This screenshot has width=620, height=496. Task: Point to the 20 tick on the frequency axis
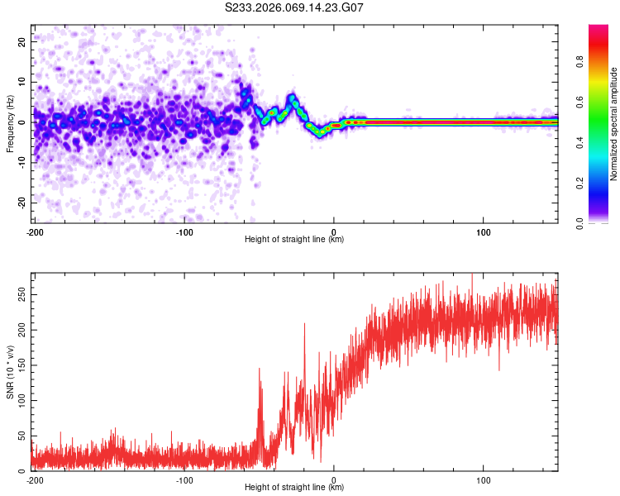(x=23, y=41)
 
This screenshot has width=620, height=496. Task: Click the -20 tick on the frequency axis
(x=21, y=203)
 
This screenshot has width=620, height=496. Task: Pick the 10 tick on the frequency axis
(x=23, y=82)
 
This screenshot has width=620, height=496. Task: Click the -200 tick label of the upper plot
(x=35, y=232)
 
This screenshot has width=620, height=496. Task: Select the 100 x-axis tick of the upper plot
(x=484, y=232)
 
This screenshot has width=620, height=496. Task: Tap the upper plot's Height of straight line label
(x=294, y=240)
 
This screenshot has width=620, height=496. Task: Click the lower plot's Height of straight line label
(x=294, y=488)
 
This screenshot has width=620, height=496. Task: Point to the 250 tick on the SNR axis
(x=20, y=295)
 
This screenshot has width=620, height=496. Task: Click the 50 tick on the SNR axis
(x=22, y=436)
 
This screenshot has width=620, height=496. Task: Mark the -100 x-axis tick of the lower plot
(x=184, y=480)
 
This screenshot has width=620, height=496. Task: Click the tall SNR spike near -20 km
(x=304, y=325)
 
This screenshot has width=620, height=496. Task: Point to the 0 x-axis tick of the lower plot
(x=334, y=480)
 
